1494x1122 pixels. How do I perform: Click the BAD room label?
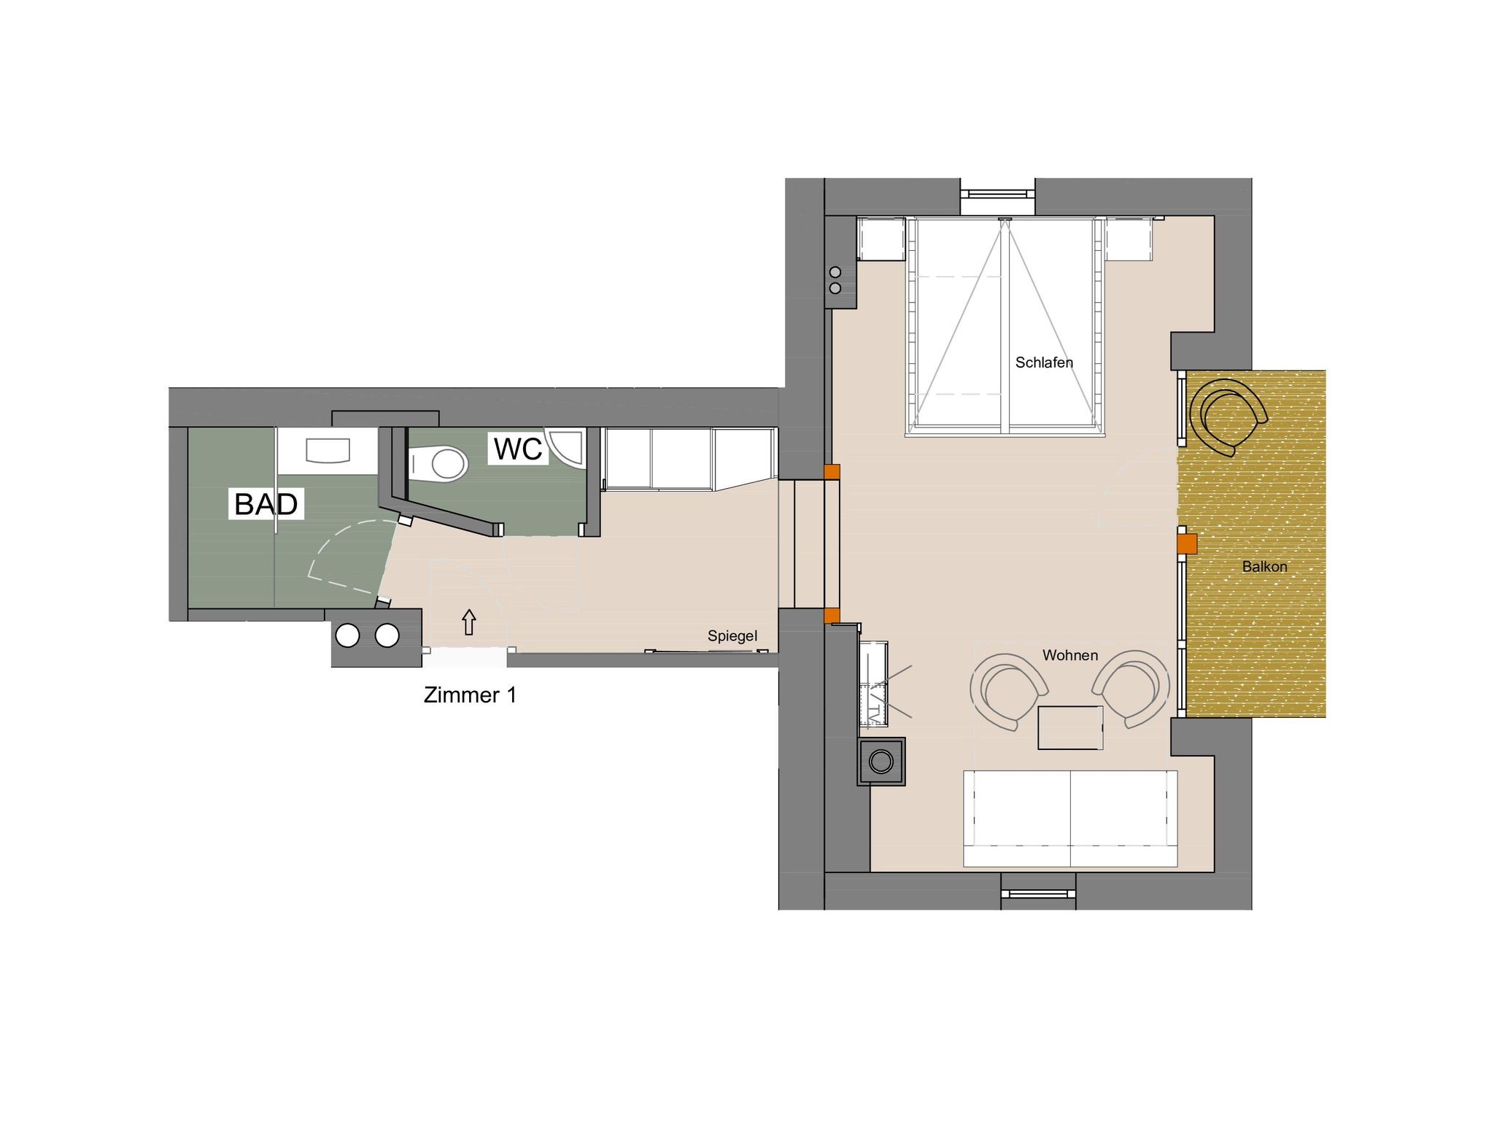(x=266, y=503)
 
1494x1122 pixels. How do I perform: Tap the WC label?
(x=518, y=449)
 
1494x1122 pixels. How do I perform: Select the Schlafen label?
(x=1044, y=363)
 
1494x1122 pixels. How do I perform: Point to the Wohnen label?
(x=1070, y=655)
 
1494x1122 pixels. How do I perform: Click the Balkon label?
(x=1264, y=566)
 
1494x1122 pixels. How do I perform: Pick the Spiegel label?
(x=732, y=636)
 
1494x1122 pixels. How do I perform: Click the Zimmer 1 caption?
(x=470, y=695)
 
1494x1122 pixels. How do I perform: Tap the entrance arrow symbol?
(x=469, y=622)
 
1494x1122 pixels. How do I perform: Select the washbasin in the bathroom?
(x=328, y=450)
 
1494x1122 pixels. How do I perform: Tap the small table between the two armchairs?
(x=1070, y=727)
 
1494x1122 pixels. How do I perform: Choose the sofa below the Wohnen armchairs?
(x=1070, y=818)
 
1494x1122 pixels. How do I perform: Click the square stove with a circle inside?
(x=881, y=762)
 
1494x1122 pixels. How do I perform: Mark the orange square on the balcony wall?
(x=1188, y=543)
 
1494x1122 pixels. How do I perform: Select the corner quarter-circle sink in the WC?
(x=567, y=447)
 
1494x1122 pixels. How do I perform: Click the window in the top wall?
(x=997, y=194)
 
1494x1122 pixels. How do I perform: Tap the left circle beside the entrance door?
(x=348, y=635)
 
